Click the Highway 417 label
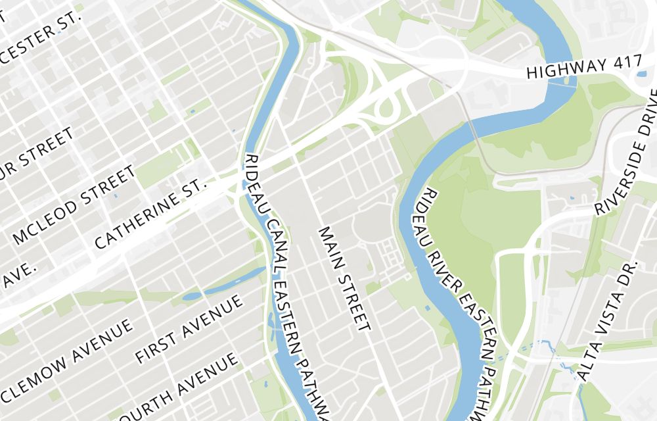click(x=584, y=68)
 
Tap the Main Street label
click(x=344, y=278)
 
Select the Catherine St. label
click(x=150, y=215)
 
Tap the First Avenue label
click(x=189, y=328)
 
